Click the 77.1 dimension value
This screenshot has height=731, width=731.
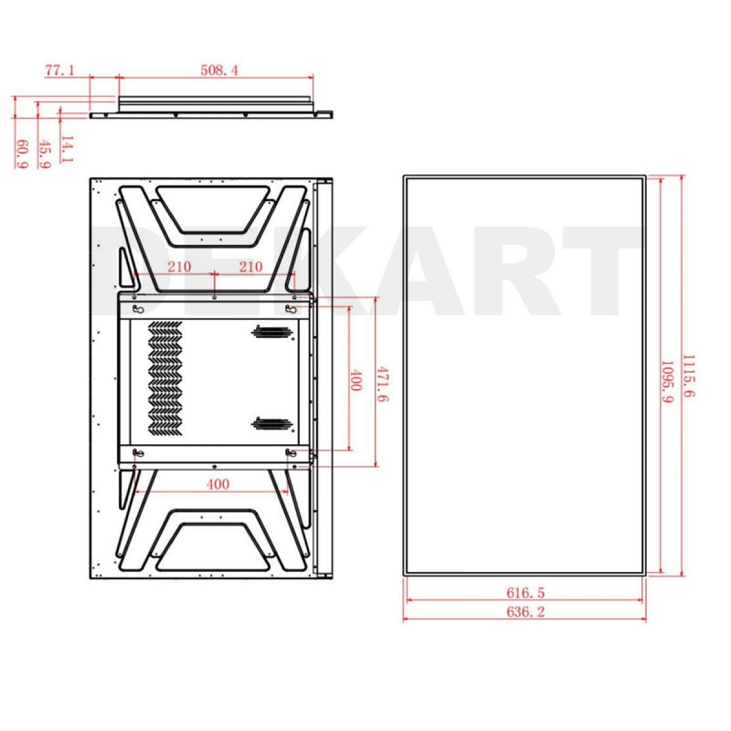click(60, 70)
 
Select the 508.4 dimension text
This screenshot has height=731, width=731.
click(219, 70)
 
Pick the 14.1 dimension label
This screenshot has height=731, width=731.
click(67, 149)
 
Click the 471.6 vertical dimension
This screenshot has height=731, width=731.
click(383, 384)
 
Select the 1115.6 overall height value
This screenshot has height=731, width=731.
click(688, 376)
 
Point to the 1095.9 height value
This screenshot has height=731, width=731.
click(666, 381)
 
